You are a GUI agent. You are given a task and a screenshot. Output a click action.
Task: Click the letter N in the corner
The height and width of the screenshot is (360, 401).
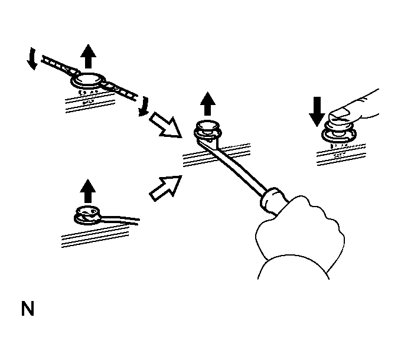(x=27, y=309)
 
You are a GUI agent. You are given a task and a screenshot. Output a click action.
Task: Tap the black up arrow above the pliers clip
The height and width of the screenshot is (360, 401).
(x=88, y=57)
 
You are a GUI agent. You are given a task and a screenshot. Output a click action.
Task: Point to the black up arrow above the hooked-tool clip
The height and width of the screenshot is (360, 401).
(x=87, y=191)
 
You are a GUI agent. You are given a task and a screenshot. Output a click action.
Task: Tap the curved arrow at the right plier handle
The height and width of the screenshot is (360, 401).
(x=142, y=107)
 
